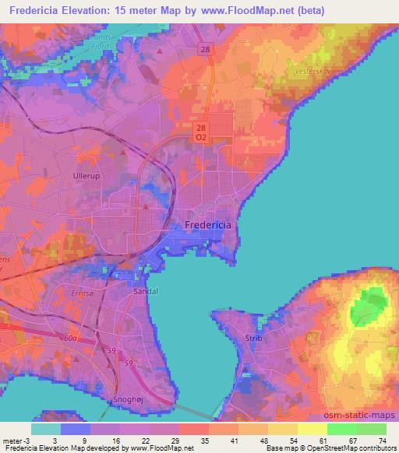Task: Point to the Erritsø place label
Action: click(x=59, y=293)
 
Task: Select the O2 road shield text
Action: click(x=201, y=138)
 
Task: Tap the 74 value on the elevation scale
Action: click(x=381, y=441)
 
